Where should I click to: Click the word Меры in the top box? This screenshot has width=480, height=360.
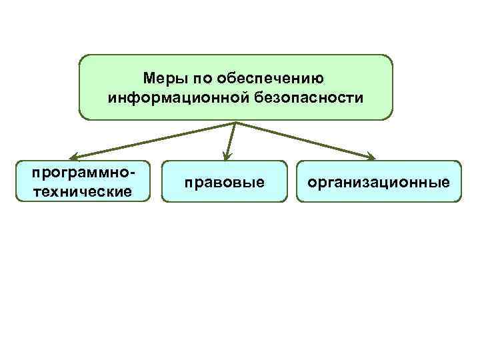[x=162, y=79]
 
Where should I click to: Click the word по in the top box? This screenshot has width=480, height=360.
[x=198, y=79]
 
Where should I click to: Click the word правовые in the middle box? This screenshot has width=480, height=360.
[x=225, y=181]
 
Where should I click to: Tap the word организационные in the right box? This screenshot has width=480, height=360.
[x=379, y=181]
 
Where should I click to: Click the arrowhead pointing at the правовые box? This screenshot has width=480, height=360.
[x=227, y=156]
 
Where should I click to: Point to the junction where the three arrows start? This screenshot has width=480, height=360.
[x=237, y=123]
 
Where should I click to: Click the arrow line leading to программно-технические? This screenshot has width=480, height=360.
[x=153, y=140]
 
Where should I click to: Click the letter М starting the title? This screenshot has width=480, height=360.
[x=149, y=79]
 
